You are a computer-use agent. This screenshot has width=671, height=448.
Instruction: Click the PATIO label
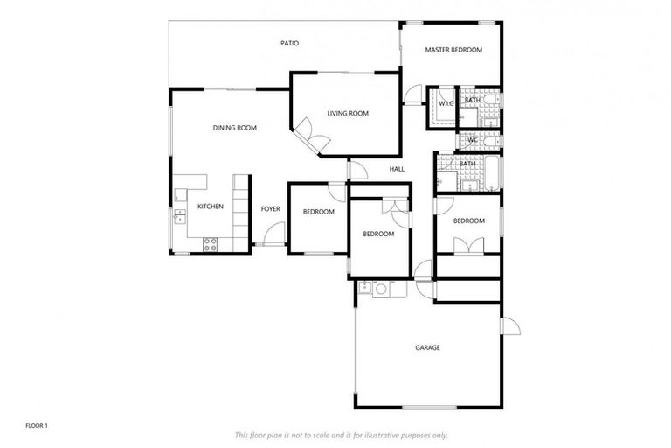tap(289, 42)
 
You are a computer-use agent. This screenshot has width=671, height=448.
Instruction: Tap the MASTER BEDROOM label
tap(453, 50)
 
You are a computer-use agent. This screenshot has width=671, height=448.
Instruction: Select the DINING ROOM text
tap(234, 128)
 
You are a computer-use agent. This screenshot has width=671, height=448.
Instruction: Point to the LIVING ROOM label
tap(348, 113)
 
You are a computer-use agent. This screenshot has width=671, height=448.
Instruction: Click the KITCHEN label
tap(210, 206)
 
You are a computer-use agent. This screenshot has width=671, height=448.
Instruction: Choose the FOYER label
tap(271, 208)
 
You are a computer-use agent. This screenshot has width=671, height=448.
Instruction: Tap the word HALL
tap(397, 169)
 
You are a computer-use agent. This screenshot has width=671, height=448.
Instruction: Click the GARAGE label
tap(427, 347)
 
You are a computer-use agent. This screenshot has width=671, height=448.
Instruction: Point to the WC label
tap(472, 140)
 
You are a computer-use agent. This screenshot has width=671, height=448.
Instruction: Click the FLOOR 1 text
tap(36, 425)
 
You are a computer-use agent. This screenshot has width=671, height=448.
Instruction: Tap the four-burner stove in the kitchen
tap(211, 244)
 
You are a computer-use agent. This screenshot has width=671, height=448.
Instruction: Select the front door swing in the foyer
tap(275, 234)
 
